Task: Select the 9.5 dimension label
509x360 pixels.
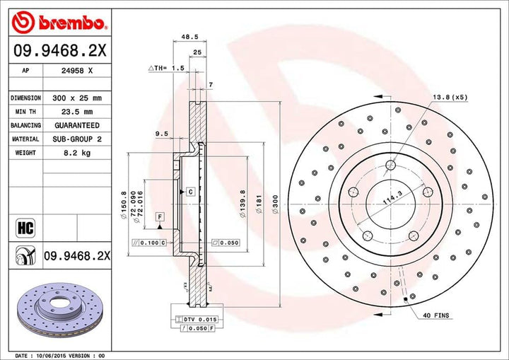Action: tap(160, 133)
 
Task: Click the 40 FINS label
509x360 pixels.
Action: tap(436, 315)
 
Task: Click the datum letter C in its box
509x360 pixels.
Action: tap(191, 192)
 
